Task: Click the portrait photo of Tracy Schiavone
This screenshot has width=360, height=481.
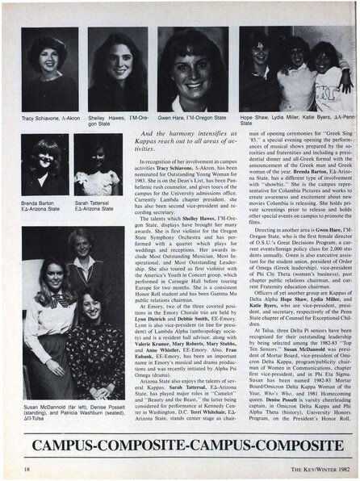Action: point(49,69)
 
